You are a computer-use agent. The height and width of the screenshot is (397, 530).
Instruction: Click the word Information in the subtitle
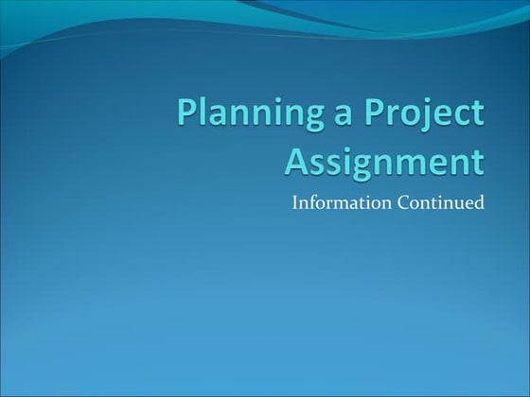pos(338,200)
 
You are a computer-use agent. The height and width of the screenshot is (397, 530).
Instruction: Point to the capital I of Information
pos(295,200)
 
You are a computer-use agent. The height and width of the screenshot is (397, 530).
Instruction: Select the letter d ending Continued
pos(480,200)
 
